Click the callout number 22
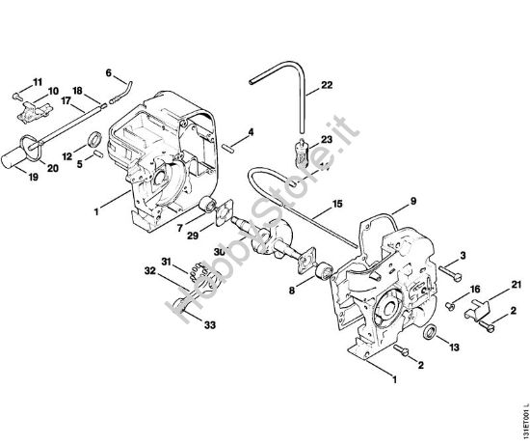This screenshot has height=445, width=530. point(327,86)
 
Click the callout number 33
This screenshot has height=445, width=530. point(210,325)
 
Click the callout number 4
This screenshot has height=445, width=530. point(251,131)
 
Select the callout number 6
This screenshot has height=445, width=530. point(109,71)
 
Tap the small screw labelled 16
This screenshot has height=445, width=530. point(450,304)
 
